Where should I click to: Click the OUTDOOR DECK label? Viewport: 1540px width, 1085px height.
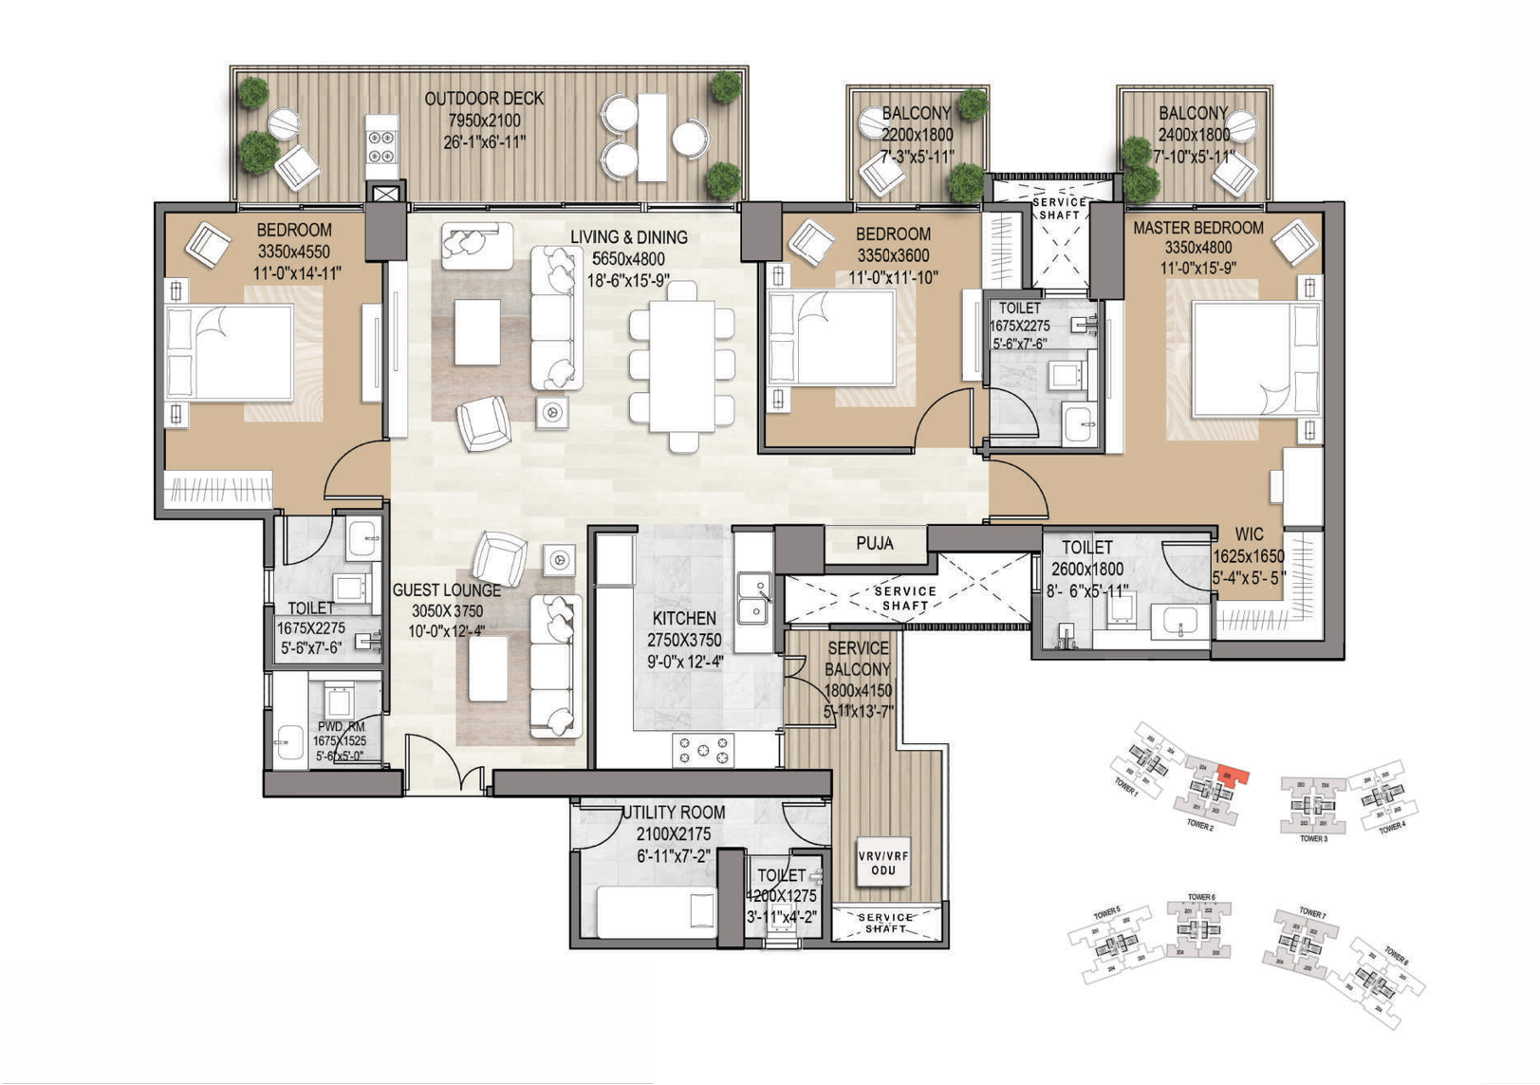[484, 99]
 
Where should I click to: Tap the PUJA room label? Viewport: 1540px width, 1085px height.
[874, 544]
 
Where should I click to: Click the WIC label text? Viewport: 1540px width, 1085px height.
[1249, 535]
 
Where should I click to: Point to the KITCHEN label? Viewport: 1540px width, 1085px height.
[684, 618]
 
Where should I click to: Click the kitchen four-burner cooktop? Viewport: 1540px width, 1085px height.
[702, 749]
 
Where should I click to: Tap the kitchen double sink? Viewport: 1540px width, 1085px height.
[754, 599]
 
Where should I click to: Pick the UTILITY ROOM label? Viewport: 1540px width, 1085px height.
[674, 813]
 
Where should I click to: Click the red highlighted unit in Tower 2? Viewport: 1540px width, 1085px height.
[1231, 776]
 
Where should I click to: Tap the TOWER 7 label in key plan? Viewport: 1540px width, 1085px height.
[1312, 912]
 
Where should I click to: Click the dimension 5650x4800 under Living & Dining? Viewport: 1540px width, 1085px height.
[628, 258]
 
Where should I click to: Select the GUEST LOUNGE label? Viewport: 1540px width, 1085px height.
[446, 590]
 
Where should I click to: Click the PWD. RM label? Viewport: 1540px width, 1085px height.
[341, 727]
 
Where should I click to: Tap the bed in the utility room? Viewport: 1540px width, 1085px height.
[655, 912]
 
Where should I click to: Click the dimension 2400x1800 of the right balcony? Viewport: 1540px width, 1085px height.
[1193, 135]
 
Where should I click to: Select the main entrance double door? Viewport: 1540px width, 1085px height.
[446, 765]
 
